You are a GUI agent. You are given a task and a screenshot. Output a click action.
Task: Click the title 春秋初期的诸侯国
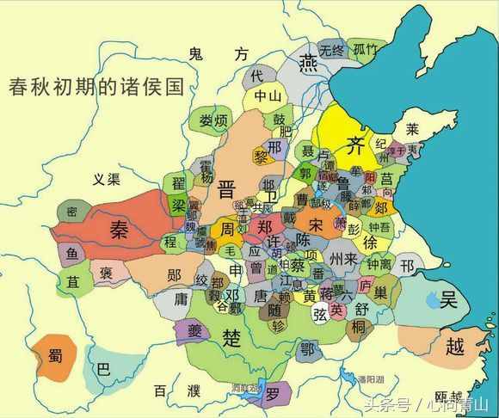(x=96, y=87)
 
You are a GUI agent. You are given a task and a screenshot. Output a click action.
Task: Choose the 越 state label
(x=454, y=347)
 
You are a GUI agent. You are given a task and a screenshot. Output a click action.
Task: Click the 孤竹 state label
(x=365, y=49)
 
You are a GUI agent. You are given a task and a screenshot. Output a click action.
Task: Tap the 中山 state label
(x=267, y=97)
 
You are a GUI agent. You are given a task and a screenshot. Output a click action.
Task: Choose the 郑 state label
(x=263, y=227)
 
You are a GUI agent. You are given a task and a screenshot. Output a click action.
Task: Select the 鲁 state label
(x=342, y=183)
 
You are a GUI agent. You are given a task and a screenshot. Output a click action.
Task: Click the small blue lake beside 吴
(x=431, y=299)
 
